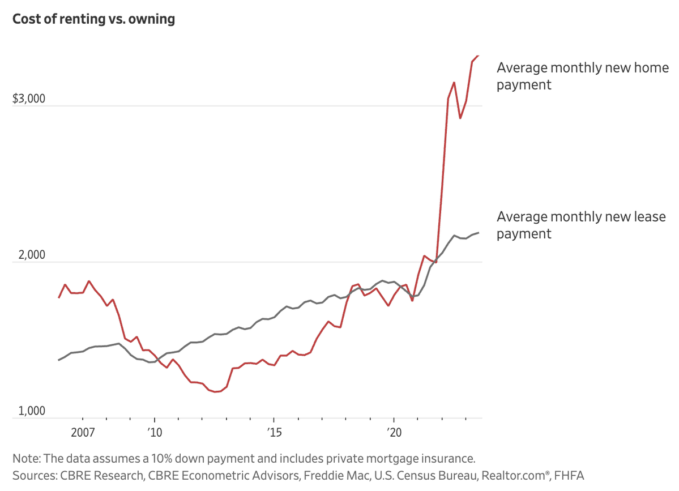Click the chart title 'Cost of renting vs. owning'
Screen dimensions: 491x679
[x=93, y=19]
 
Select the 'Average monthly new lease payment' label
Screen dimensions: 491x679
[x=581, y=225]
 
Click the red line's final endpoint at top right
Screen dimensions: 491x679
[x=479, y=55]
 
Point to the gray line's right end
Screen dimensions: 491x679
[x=479, y=233]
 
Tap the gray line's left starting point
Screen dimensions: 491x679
[x=59, y=360]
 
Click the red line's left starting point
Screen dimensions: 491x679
[x=59, y=298]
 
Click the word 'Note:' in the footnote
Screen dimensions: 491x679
[x=25, y=458]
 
